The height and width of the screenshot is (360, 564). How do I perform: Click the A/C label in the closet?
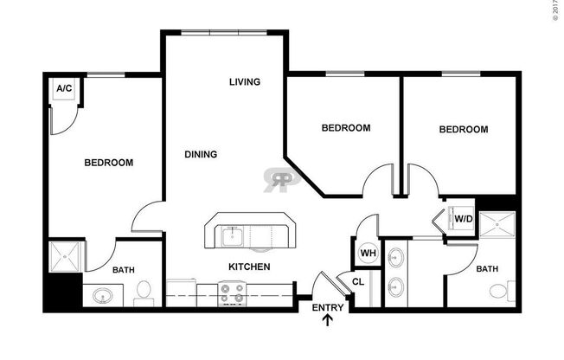tap(63, 89)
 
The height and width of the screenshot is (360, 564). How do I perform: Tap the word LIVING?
tap(245, 82)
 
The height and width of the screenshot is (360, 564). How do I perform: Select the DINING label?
tap(201, 154)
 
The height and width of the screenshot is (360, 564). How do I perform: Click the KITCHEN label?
tap(249, 267)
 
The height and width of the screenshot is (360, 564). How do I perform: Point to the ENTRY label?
tap(328, 307)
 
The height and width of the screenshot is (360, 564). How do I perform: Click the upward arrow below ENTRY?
tap(328, 322)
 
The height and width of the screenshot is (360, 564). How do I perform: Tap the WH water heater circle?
tap(367, 253)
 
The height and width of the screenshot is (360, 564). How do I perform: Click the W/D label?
tap(463, 219)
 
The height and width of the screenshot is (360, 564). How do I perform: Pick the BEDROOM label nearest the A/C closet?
tap(108, 163)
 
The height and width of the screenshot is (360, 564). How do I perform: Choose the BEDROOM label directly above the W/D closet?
tap(463, 130)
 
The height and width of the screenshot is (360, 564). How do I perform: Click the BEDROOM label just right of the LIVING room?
tap(345, 128)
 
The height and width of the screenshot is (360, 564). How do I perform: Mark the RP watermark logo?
tap(280, 178)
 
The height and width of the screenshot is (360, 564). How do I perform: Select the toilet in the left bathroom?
tap(145, 292)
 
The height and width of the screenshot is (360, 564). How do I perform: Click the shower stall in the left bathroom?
tap(64, 257)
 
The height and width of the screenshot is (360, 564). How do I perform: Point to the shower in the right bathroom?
tap(497, 227)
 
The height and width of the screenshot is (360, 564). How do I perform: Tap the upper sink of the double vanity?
tap(397, 257)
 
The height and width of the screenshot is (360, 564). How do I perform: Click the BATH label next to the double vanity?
tap(487, 269)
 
